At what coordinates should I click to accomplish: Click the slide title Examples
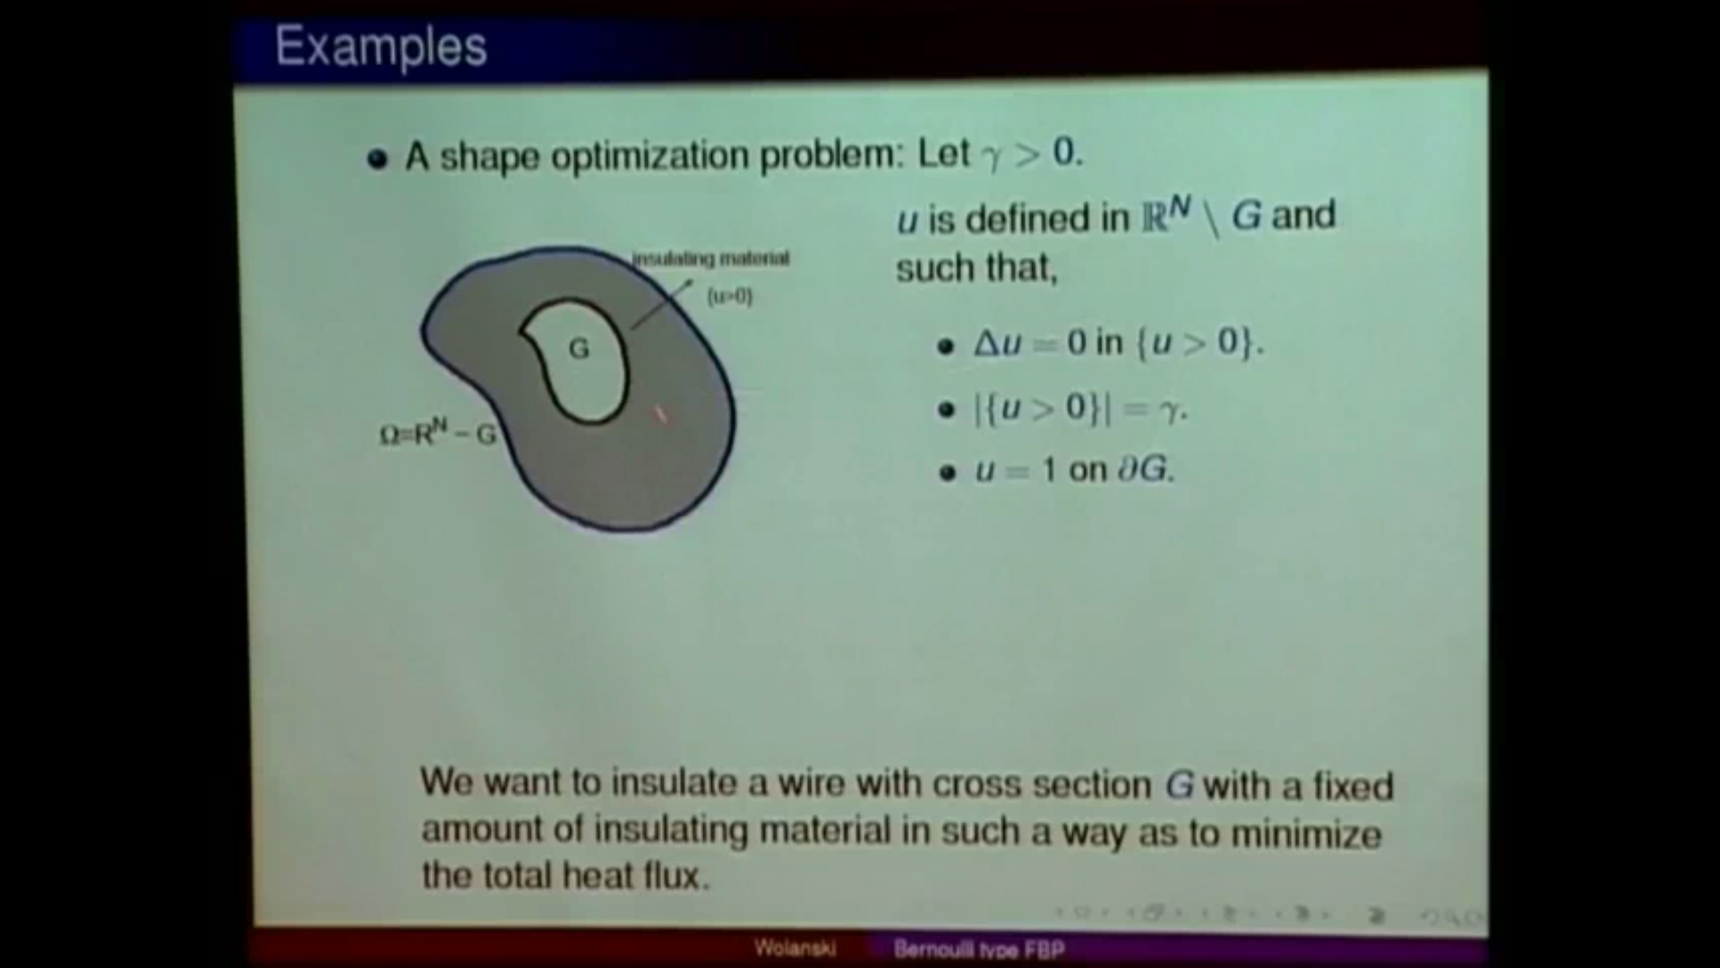381,46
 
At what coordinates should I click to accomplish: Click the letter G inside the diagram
579,349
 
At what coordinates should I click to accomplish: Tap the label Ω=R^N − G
437,435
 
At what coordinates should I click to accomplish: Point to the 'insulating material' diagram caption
711,259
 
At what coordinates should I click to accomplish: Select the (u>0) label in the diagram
730,296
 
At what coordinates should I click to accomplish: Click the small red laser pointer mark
661,414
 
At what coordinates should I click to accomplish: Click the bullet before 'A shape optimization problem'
377,160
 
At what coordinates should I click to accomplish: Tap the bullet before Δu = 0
946,346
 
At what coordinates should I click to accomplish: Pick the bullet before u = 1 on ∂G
948,472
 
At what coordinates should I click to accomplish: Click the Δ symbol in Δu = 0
986,343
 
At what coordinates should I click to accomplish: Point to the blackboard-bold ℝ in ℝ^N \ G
1154,219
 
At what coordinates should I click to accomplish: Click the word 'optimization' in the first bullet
649,157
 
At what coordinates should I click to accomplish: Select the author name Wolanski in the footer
795,947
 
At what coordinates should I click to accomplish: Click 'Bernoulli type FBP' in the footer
978,948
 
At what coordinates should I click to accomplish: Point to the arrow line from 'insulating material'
661,305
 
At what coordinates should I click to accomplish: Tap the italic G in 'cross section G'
1179,785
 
